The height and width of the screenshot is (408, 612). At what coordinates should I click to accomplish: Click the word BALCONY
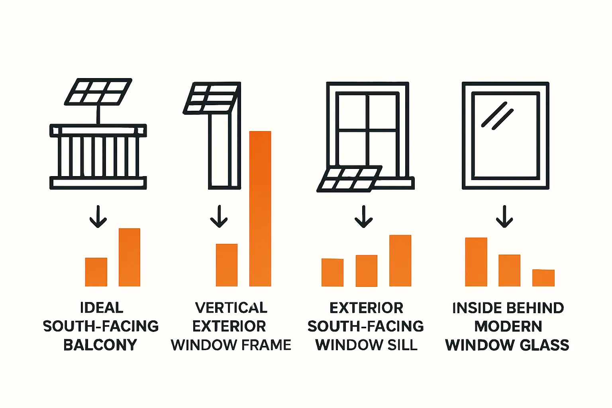(100, 345)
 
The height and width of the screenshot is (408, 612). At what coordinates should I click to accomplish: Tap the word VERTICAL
(231, 308)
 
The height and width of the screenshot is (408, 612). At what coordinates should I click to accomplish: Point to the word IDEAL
(102, 308)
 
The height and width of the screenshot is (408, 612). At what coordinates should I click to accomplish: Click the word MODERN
(508, 326)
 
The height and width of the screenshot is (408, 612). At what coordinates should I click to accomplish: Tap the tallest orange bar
(260, 208)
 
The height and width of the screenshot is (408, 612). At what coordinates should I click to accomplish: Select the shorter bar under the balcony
(96, 272)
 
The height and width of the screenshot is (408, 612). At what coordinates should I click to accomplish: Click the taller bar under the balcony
(129, 257)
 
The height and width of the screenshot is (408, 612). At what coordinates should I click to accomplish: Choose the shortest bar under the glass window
(543, 278)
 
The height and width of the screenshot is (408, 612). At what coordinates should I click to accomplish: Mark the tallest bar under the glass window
(476, 262)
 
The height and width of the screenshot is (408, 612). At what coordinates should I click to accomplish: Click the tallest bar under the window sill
(400, 261)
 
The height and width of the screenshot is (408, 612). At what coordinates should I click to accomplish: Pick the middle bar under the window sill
(366, 271)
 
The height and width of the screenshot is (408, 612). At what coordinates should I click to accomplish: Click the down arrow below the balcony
(98, 218)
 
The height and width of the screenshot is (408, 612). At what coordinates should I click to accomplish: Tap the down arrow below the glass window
(504, 218)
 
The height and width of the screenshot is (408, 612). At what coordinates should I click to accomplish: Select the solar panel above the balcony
(98, 92)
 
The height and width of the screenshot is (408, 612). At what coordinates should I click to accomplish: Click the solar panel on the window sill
(349, 178)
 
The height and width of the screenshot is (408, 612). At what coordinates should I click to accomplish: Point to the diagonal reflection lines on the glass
(497, 116)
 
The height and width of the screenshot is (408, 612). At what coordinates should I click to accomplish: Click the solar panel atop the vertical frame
(210, 98)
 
